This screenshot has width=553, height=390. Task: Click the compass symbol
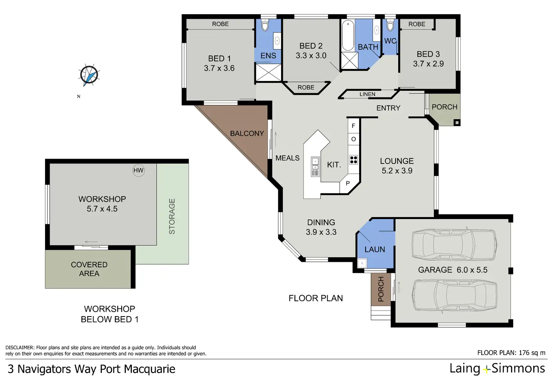[89, 75]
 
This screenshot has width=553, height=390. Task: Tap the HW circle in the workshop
[139, 170]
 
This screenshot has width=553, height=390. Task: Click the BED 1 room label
[219, 59]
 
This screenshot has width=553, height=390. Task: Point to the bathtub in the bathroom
[348, 36]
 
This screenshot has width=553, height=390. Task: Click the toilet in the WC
[390, 26]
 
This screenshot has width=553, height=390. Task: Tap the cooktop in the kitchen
[354, 160]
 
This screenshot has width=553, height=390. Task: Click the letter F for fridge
[353, 126]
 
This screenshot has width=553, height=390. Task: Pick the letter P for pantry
[348, 184]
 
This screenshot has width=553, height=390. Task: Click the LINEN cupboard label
[367, 94]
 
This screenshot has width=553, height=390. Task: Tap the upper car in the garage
[454, 244]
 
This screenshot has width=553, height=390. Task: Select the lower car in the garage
[455, 297]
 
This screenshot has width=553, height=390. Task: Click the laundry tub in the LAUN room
[362, 263]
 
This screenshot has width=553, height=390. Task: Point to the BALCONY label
[247, 133]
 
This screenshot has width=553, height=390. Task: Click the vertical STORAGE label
[172, 216]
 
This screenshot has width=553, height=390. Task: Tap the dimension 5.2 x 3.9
[397, 171]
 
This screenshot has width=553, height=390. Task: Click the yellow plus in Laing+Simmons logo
[486, 369]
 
